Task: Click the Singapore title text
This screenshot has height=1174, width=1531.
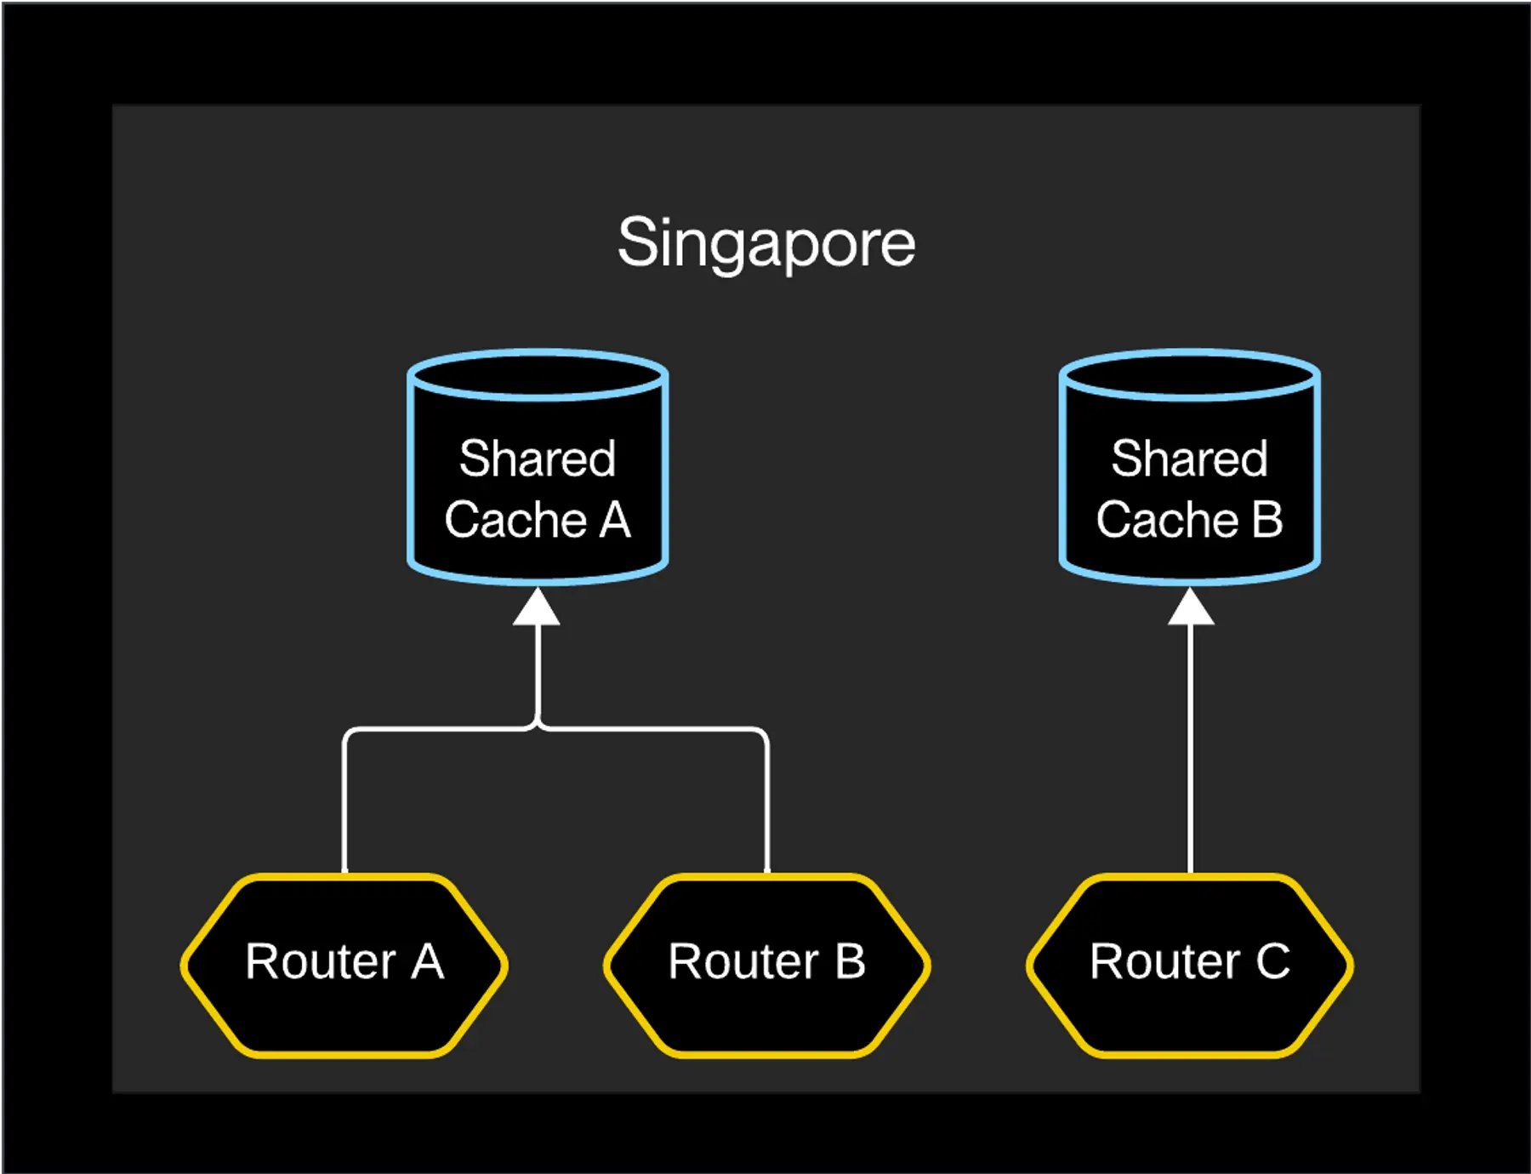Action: (x=765, y=243)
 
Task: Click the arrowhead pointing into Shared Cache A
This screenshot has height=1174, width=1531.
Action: (x=537, y=607)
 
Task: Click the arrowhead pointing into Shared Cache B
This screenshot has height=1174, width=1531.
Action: (x=1190, y=607)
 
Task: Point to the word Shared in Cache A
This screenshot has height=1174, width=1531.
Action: (x=537, y=459)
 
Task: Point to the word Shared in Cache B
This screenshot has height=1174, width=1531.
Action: (x=1189, y=459)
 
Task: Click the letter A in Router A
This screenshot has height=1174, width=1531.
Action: (x=428, y=962)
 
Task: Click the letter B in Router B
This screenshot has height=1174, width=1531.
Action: (x=850, y=962)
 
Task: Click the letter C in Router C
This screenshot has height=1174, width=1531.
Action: (x=1272, y=962)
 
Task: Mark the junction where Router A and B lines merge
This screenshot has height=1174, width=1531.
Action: (x=538, y=727)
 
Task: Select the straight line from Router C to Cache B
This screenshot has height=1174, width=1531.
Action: (x=1190, y=749)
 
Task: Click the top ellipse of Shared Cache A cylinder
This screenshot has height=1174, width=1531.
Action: (x=538, y=374)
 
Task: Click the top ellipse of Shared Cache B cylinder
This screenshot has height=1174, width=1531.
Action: (x=1189, y=374)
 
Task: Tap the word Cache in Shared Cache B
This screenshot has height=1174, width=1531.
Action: (x=1166, y=520)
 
